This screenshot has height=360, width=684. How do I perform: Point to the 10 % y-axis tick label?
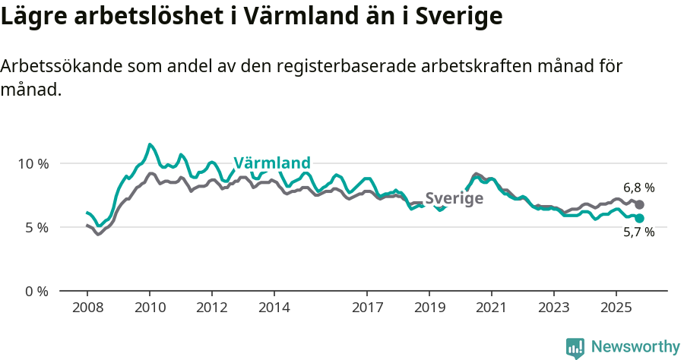pos(32,163)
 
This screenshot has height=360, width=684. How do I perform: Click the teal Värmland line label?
pos(272,163)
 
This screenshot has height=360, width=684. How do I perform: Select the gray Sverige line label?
pos(454,198)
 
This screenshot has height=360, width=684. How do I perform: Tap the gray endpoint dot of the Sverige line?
pos(640,204)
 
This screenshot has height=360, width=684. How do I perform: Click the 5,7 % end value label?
pos(638,232)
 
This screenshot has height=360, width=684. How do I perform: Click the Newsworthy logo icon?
pos(575,348)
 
